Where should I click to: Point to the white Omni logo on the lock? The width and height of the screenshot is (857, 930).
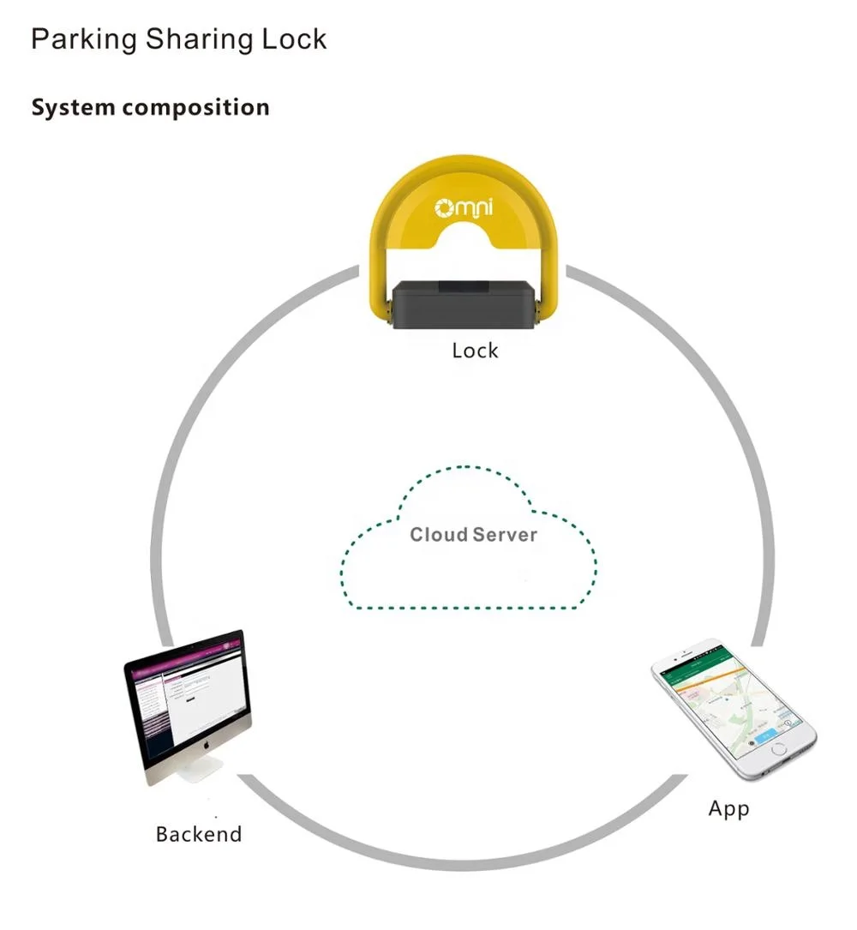point(466,207)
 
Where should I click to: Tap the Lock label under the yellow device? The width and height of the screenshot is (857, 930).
point(475,351)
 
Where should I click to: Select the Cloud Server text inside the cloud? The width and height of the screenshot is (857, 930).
point(473,535)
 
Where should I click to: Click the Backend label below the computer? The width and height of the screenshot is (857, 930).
point(199,834)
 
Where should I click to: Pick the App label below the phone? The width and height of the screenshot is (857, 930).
point(728,808)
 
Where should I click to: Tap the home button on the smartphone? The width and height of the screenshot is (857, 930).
point(778,748)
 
